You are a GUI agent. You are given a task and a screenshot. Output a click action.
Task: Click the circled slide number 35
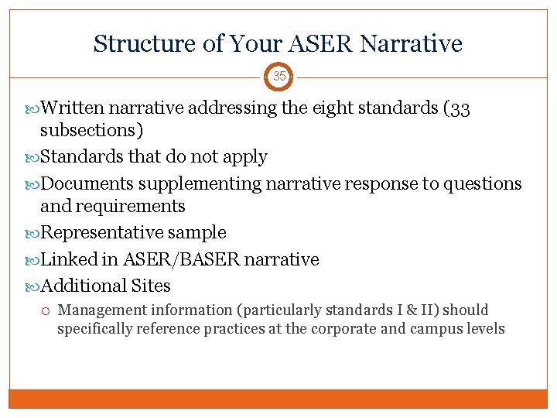(278, 77)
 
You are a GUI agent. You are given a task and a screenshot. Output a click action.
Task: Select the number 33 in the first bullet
(460, 108)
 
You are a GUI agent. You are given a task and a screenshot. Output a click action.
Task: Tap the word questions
(484, 184)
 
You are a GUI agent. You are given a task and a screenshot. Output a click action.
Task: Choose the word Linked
(67, 259)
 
